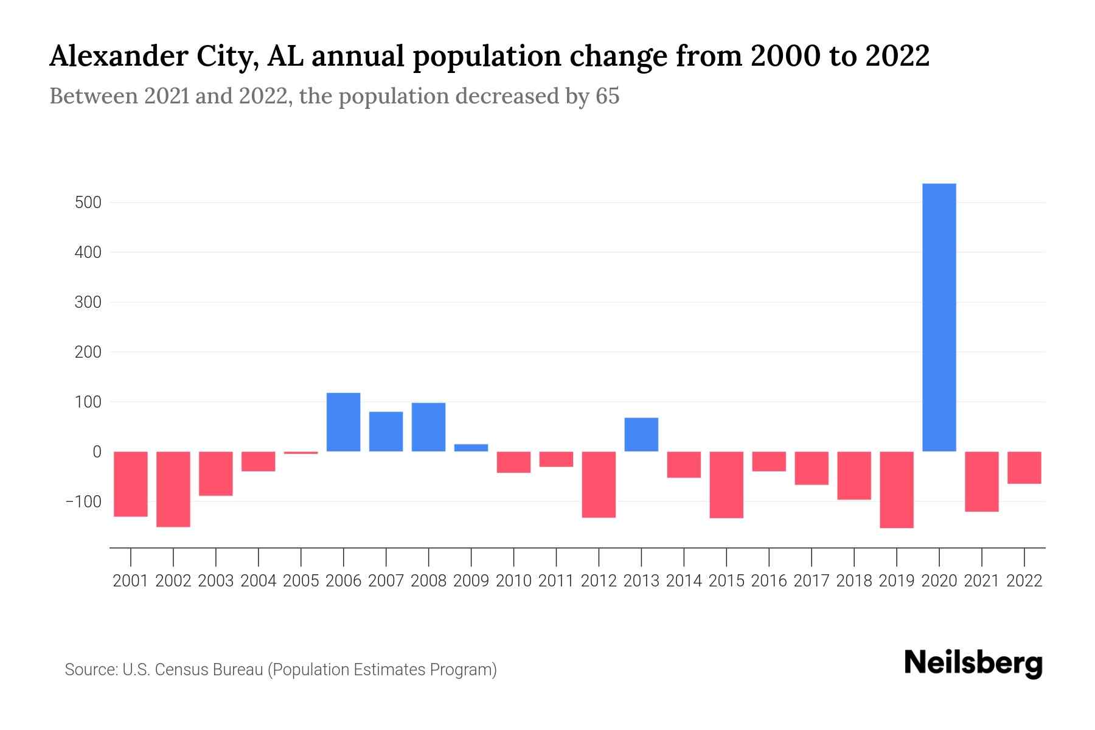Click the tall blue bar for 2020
[x=939, y=317]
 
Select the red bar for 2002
[x=173, y=488]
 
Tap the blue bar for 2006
[x=343, y=422]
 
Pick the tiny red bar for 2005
[x=301, y=453]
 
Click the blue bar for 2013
[x=641, y=434]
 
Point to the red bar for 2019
[x=897, y=489]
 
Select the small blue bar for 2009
[x=471, y=448]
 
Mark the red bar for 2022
[x=1024, y=467]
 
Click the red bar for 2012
[x=599, y=484]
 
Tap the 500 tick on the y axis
[x=88, y=203]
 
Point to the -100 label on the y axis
[x=83, y=502]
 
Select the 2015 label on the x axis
[x=726, y=581]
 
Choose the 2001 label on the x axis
[x=131, y=581]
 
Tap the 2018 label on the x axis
[x=854, y=581]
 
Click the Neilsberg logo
[x=973, y=664]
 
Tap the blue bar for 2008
[x=428, y=426]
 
